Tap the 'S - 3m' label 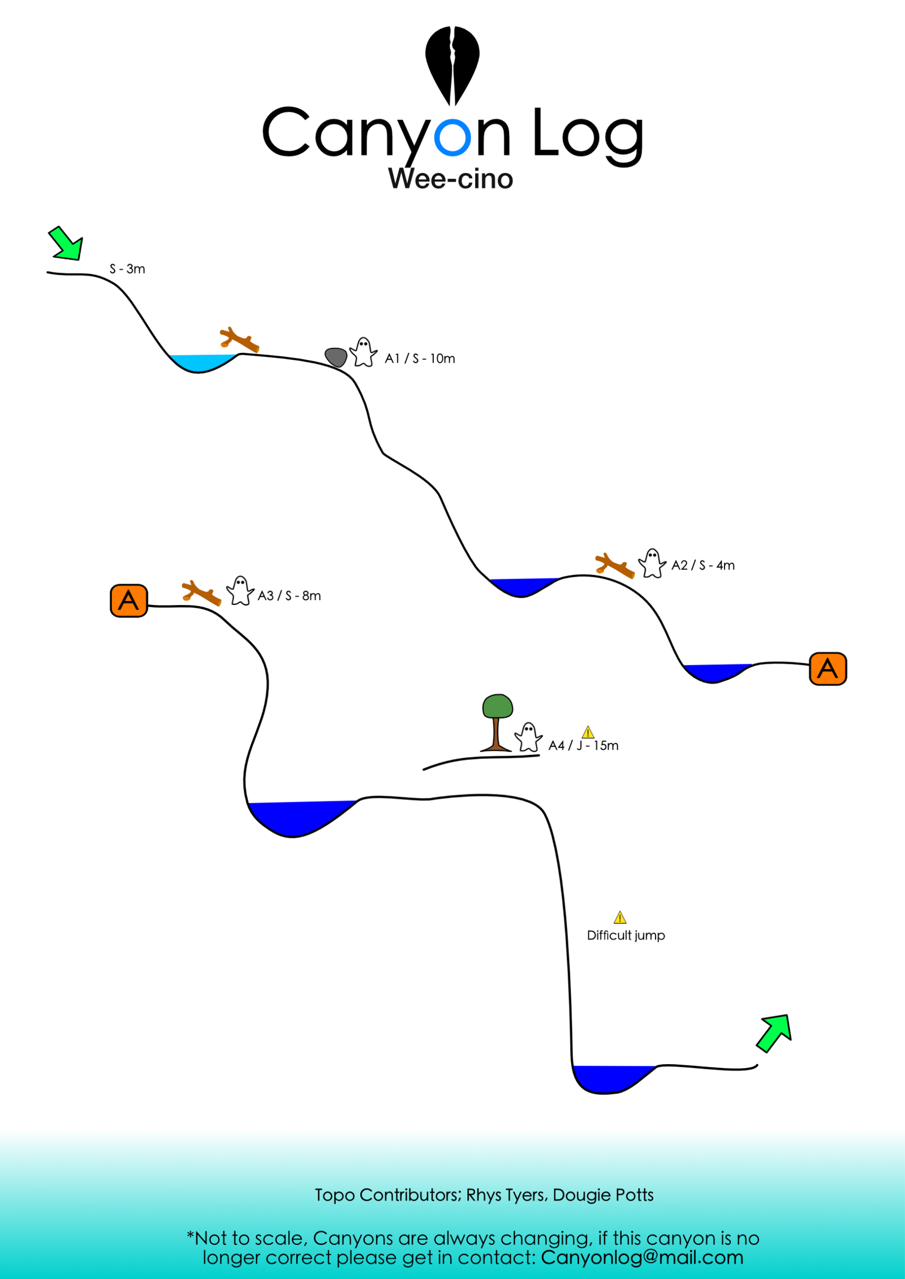tap(127, 269)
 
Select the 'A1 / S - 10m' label tap(420, 358)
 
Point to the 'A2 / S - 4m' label tap(703, 565)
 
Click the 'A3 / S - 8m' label tap(289, 596)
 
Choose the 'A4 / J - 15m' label tap(583, 746)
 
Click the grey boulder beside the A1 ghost tap(336, 357)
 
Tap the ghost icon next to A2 tap(652, 563)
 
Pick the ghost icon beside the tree tap(528, 737)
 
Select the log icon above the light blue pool tap(239, 339)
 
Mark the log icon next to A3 tap(201, 593)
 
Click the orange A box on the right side tap(828, 669)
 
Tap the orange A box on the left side tap(129, 600)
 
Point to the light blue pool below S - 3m tap(201, 362)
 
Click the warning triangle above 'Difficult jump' tap(620, 917)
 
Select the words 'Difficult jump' tap(626, 936)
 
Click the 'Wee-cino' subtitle tap(451, 179)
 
